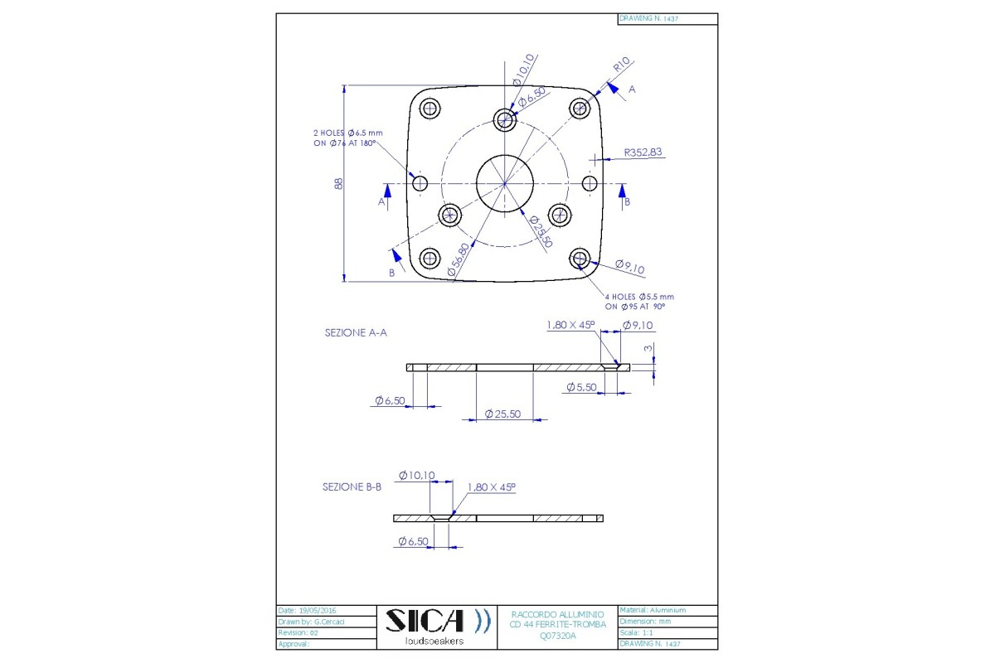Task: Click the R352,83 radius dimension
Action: [x=643, y=152]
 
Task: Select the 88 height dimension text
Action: [x=338, y=183]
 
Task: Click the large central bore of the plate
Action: [x=504, y=183]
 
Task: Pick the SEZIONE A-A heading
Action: [x=356, y=332]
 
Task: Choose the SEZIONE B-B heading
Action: [x=352, y=487]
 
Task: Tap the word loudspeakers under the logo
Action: [x=434, y=641]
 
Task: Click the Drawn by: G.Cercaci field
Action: [x=307, y=621]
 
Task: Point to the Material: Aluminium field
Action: [x=653, y=610]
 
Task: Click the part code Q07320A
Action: [x=557, y=636]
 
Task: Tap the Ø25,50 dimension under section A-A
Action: [x=502, y=414]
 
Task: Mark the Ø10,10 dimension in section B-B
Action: [x=416, y=476]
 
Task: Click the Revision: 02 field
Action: [x=298, y=632]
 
